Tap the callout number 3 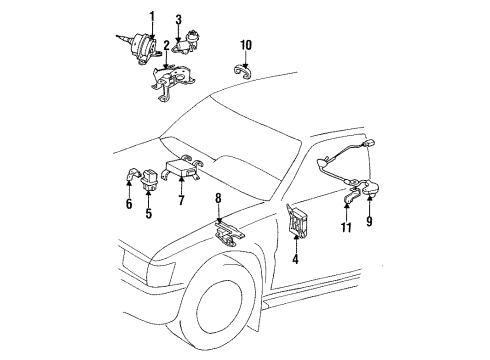(179, 20)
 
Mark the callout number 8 (218, 213)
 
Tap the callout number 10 (247, 44)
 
